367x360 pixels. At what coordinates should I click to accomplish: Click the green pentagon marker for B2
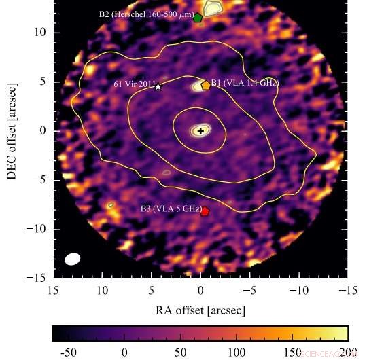pos(198,18)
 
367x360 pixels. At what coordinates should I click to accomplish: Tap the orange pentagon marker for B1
pos(205,85)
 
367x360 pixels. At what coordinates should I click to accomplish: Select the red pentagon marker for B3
pos(205,211)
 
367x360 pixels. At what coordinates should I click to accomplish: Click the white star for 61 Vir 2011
pos(158,87)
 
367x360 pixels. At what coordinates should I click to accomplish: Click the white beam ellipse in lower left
pos(73,259)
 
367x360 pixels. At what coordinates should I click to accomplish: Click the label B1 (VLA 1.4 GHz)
pos(245,83)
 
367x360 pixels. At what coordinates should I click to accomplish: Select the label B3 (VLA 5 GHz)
pos(170,209)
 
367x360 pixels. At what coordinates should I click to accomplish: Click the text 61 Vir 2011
pos(133,84)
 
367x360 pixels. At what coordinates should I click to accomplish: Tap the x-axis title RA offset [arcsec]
pos(200,310)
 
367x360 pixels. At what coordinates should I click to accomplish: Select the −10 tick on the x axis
pos(298,290)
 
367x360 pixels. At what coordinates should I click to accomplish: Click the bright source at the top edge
pos(213,7)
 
